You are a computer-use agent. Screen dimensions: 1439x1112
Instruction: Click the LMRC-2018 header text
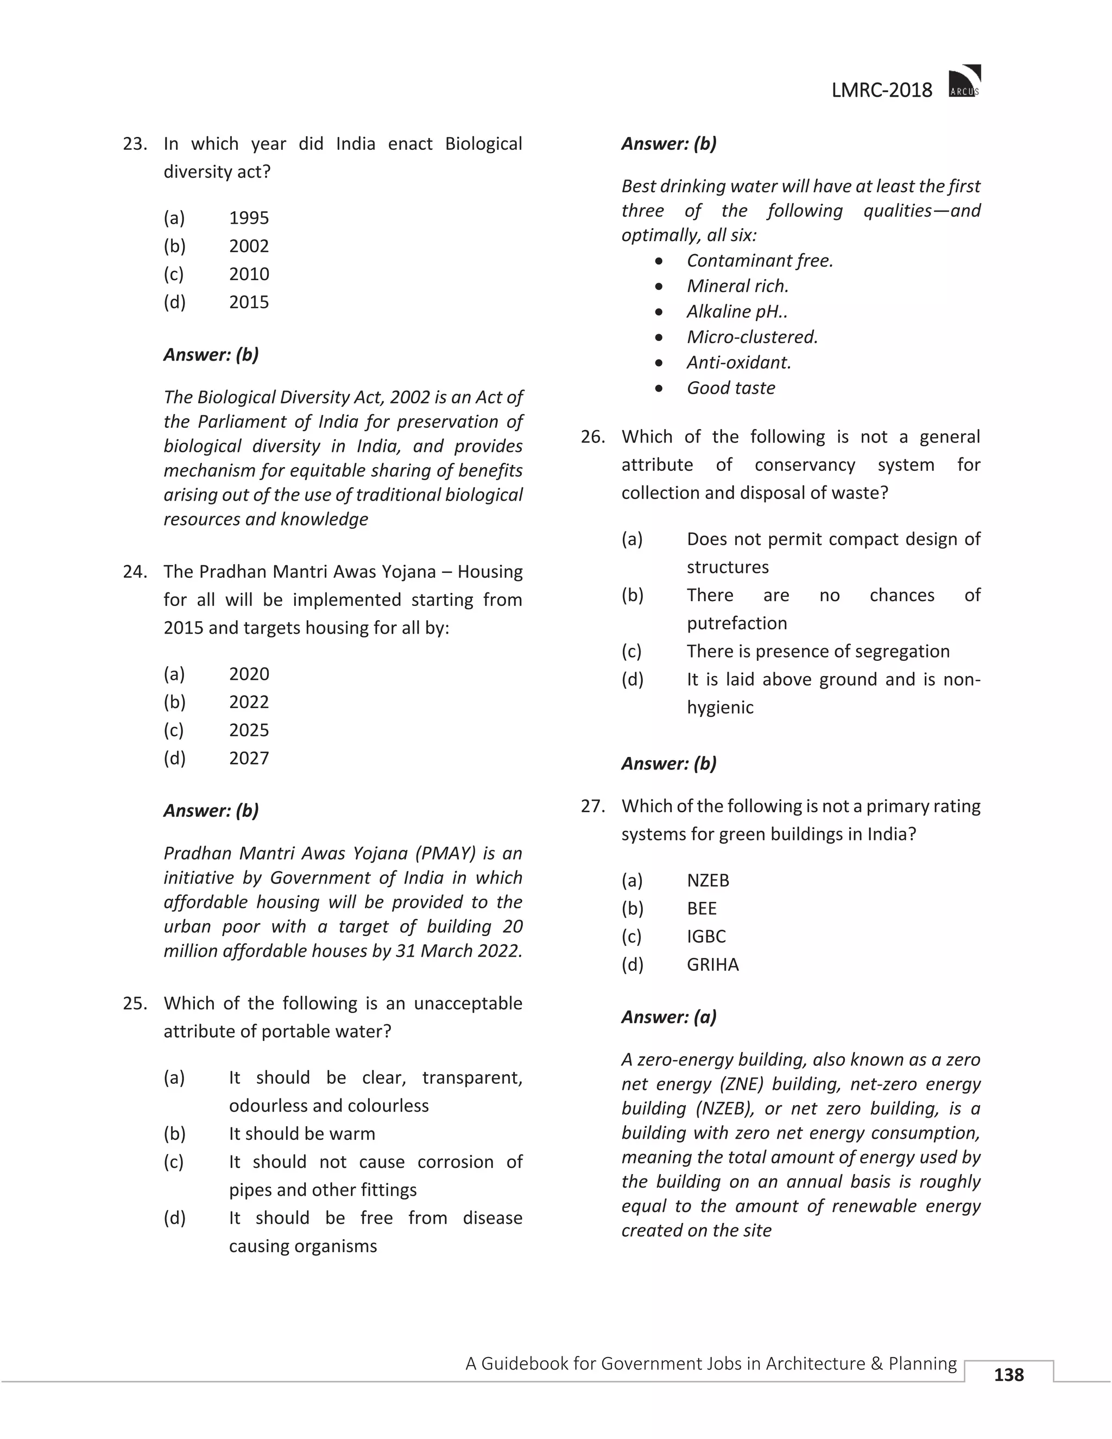pos(881,90)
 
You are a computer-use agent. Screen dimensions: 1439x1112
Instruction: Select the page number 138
pos(1009,1374)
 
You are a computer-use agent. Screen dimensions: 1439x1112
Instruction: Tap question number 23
pos(135,144)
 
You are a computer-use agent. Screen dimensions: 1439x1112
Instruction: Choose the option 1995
pos(249,218)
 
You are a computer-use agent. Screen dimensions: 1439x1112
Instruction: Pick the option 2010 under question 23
pos(249,274)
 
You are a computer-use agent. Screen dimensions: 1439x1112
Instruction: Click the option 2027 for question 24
pos(249,759)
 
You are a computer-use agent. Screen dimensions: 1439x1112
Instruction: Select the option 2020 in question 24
pos(249,674)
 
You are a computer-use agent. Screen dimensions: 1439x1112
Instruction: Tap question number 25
pos(135,1003)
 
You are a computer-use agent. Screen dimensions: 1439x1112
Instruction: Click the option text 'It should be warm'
pos(302,1134)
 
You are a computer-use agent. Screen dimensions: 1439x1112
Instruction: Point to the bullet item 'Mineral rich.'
pos(737,286)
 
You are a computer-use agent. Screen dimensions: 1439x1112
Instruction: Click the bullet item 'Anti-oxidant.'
pos(738,362)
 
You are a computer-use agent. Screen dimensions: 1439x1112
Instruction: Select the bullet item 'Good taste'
pos(731,388)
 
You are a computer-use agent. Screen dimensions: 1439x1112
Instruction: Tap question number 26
pos(593,437)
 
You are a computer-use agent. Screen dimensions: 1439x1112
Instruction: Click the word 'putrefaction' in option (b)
pos(736,623)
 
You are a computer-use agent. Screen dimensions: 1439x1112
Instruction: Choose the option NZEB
pos(707,881)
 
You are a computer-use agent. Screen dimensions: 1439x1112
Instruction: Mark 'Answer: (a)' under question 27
pos(668,1017)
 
